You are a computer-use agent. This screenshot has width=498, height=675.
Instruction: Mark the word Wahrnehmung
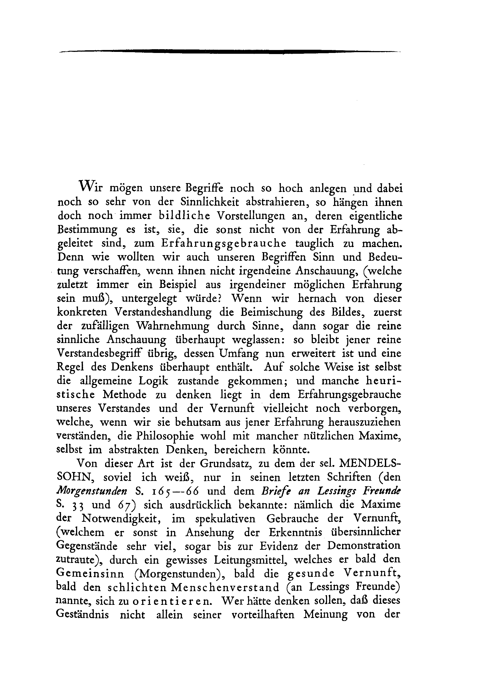(x=173, y=326)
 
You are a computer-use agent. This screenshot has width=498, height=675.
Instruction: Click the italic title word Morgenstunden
(x=92, y=491)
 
